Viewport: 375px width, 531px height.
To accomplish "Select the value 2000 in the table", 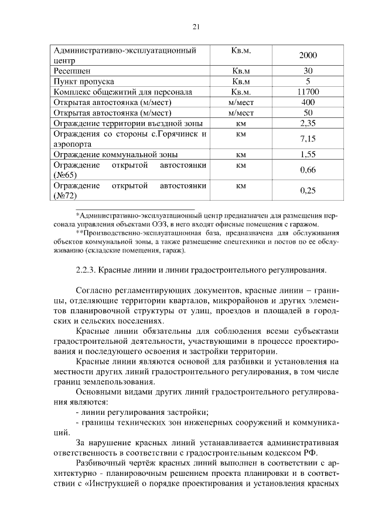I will [308, 56].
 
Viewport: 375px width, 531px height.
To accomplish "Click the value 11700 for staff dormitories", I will [308, 92].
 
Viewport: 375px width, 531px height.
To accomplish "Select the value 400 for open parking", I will [308, 103].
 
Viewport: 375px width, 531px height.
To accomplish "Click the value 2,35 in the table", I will [308, 124].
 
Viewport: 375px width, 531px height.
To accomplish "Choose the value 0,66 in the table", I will [308, 171].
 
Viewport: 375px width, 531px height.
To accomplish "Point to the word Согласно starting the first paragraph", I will [96, 291].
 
